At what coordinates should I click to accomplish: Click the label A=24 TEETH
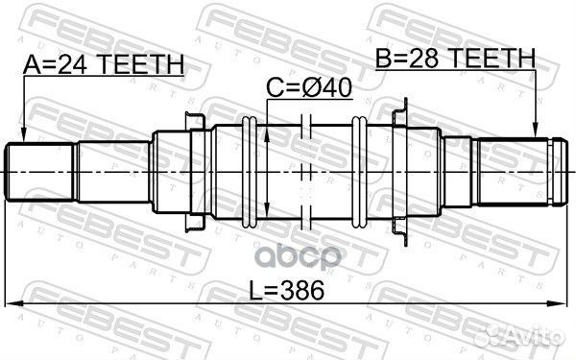pyautogui.click(x=103, y=64)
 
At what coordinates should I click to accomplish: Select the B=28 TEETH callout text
pyautogui.click(x=455, y=60)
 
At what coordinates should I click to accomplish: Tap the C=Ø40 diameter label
pyautogui.click(x=309, y=88)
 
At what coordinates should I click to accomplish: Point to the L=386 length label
pyautogui.click(x=283, y=289)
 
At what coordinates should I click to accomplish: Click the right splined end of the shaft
pyautogui.click(x=518, y=170)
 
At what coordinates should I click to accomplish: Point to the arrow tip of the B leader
pyautogui.click(x=536, y=135)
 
